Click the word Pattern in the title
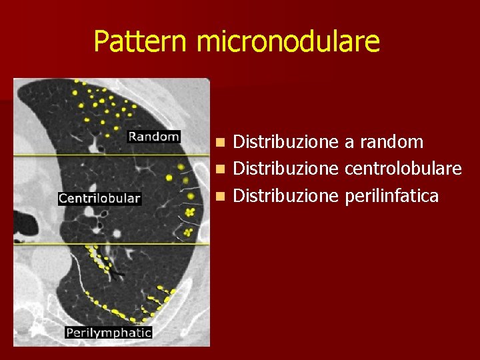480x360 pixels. (x=141, y=41)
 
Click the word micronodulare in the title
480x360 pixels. (x=288, y=41)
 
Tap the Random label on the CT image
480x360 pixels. (x=154, y=137)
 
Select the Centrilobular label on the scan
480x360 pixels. (x=100, y=198)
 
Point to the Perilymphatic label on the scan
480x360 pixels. (x=109, y=332)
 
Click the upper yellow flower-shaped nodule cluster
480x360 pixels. (x=191, y=212)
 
